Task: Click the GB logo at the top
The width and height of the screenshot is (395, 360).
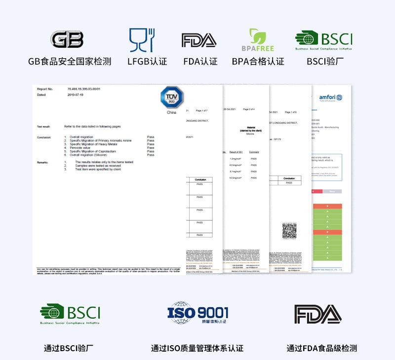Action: pyautogui.click(x=67, y=39)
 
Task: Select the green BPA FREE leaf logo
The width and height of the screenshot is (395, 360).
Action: pyautogui.click(x=257, y=40)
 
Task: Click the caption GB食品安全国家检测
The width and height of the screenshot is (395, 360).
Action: pyautogui.click(x=70, y=62)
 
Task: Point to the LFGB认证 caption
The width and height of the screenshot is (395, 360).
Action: pyautogui.click(x=147, y=62)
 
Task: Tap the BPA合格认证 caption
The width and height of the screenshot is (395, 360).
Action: pyautogui.click(x=258, y=62)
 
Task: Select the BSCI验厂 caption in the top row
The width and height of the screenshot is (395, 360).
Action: pyautogui.click(x=325, y=62)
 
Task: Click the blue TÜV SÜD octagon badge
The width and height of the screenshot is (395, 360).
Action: pyautogui.click(x=172, y=98)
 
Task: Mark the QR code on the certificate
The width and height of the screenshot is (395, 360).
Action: pyautogui.click(x=289, y=230)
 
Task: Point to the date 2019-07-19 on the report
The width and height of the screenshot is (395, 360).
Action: pyautogui.click(x=76, y=95)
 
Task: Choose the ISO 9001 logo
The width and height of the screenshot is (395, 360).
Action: pyautogui.click(x=197, y=313)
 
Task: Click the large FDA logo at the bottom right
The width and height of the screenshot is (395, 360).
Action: pyautogui.click(x=318, y=314)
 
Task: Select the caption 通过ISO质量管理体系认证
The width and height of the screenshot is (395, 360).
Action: pyautogui.click(x=197, y=348)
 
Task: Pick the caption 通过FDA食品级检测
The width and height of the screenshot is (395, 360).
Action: pyautogui.click(x=321, y=348)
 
